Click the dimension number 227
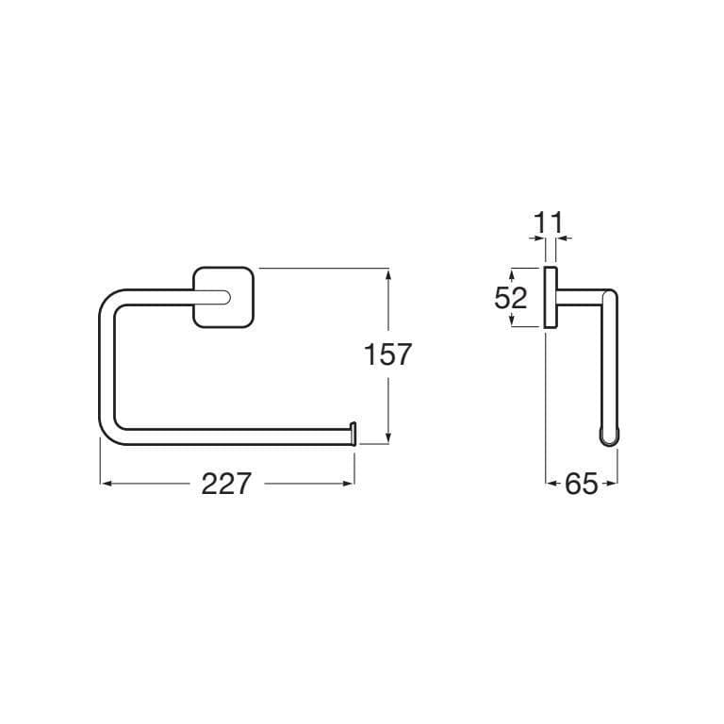(226, 484)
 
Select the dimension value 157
(387, 354)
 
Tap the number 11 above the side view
(548, 223)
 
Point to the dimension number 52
(510, 298)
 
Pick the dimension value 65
(582, 485)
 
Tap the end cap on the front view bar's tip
(354, 433)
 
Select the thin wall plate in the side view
(549, 298)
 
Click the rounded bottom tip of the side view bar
(609, 436)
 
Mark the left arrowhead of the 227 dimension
(105, 484)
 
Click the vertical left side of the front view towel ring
(106, 368)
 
